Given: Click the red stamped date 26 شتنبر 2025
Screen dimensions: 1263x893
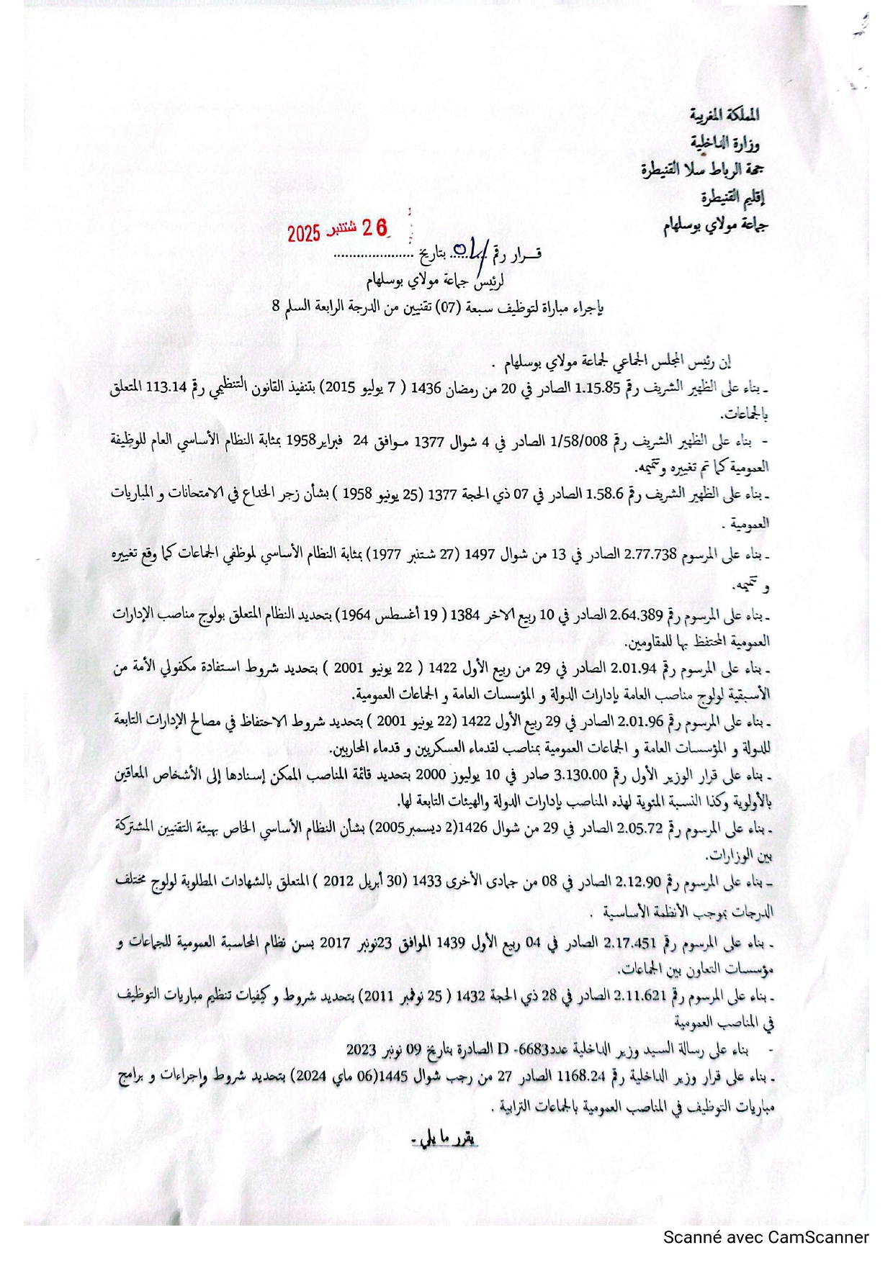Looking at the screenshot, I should point(337,230).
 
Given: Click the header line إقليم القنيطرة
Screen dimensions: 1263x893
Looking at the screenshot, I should point(732,196).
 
